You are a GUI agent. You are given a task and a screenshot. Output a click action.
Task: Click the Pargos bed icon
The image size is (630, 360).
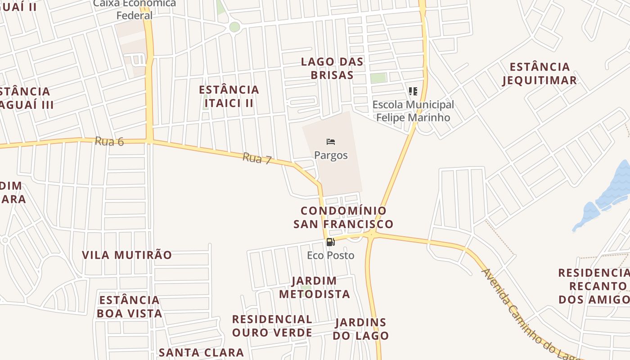[x=331, y=142]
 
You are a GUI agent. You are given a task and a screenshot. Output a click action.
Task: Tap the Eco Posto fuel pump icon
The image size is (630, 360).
[x=330, y=242]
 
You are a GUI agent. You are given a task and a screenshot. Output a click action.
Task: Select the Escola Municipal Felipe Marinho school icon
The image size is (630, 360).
[x=413, y=91]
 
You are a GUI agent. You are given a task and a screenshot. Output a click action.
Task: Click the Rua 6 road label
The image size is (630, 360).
[x=109, y=141]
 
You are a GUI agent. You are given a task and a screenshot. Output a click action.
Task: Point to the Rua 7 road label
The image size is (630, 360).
[x=257, y=158]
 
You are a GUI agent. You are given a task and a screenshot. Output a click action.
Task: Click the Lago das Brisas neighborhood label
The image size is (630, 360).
[x=332, y=68]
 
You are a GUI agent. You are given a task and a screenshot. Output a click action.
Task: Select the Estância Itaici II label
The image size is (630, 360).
[x=229, y=96]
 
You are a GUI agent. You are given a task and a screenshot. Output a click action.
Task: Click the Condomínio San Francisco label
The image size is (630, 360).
[x=343, y=217]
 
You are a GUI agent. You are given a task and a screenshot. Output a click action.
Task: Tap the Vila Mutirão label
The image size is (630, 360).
[x=127, y=255]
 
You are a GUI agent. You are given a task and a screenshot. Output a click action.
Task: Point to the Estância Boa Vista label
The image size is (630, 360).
[x=130, y=307]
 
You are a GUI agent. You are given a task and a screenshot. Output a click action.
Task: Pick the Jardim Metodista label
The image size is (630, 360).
[x=314, y=288]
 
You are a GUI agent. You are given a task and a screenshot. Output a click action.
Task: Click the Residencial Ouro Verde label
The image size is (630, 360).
[x=272, y=326]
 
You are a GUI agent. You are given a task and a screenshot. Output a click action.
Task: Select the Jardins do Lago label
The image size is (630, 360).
[x=361, y=329]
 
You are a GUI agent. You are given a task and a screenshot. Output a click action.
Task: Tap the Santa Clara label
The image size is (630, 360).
[x=201, y=352]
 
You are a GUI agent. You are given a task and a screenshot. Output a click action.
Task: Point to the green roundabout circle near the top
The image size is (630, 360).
[x=234, y=27]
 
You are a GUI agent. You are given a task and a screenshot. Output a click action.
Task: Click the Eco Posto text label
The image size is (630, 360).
[x=331, y=256]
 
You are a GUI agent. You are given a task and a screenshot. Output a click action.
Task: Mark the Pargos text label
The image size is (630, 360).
[x=331, y=155]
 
